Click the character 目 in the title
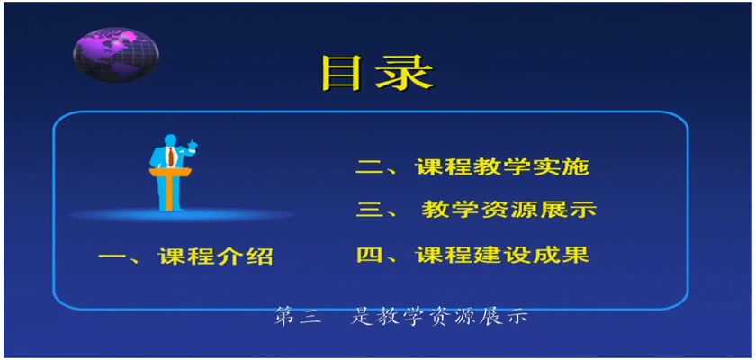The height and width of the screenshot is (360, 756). tap(343, 73)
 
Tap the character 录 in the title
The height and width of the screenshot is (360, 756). tap(405, 73)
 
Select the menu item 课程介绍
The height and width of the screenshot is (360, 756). tap(215, 256)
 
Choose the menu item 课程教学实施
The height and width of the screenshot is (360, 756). tap(502, 167)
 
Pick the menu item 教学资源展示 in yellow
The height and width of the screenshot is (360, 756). tap(509, 210)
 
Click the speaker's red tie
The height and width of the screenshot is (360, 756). tap(170, 157)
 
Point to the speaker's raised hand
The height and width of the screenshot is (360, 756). tap(193, 143)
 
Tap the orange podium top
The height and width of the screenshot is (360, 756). tap(170, 172)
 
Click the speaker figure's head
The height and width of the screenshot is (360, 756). tap(170, 140)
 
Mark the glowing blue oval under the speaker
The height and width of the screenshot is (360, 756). tap(181, 214)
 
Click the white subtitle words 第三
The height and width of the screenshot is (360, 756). tap(298, 317)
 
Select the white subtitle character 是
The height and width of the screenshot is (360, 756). tap(361, 317)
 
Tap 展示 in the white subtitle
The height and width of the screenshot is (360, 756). tap(504, 317)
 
